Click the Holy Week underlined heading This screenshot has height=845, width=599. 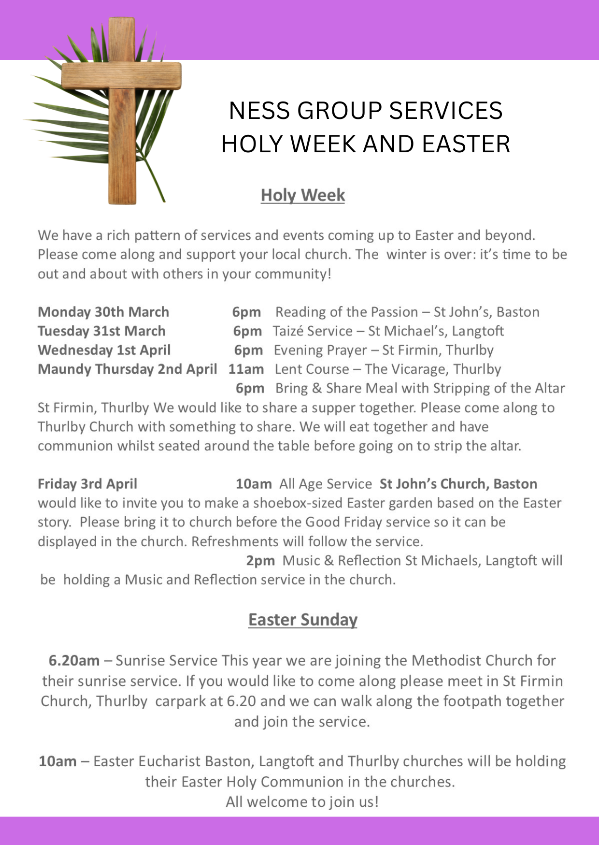(303, 195)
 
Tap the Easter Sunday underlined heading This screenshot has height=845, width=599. (303, 620)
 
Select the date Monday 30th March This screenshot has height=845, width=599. (103, 312)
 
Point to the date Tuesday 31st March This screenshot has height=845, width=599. (101, 331)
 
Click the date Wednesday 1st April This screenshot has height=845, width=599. (104, 350)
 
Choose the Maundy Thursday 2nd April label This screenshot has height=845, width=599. (128, 369)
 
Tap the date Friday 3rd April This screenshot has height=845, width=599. (87, 484)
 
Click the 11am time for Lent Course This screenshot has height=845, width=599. (246, 369)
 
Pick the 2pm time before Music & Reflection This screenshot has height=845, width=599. (260, 561)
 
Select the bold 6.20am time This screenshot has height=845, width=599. (74, 660)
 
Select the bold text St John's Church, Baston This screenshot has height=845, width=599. (458, 484)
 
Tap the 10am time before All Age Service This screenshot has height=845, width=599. (254, 484)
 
